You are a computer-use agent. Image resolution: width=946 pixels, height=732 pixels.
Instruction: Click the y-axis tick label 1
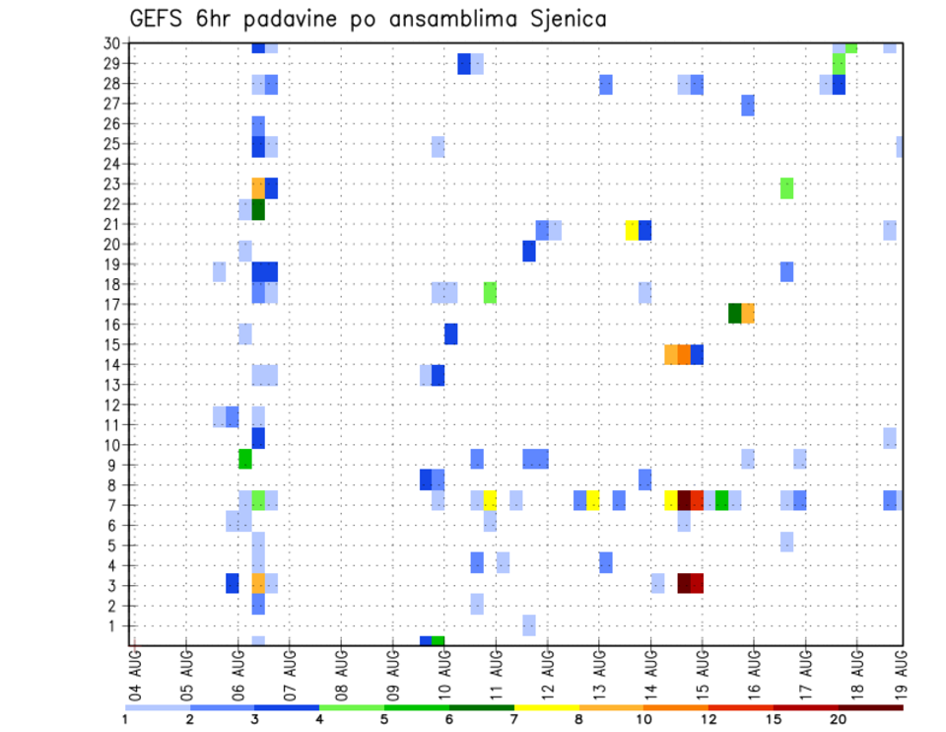(x=115, y=625)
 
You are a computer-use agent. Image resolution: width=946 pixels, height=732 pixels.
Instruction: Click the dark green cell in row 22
(x=258, y=209)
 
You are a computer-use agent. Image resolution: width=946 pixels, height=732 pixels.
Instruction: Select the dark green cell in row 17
(x=735, y=313)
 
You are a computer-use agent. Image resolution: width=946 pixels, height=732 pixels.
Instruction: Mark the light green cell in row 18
(x=490, y=293)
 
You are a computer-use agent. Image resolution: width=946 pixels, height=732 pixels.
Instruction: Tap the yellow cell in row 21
(x=632, y=230)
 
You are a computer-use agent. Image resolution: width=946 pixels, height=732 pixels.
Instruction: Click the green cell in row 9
(x=245, y=459)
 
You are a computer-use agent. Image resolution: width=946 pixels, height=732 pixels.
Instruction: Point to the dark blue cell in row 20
(x=529, y=252)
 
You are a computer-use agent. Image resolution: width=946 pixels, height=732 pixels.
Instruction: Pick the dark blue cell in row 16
(x=450, y=333)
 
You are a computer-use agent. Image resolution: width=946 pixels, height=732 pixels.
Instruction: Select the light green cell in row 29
(x=839, y=63)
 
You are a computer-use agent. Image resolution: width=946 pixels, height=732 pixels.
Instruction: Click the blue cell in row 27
(x=748, y=106)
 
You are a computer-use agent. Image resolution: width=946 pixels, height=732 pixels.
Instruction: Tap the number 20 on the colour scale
(x=839, y=719)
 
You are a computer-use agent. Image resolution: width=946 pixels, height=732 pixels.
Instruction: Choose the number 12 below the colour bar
(x=709, y=719)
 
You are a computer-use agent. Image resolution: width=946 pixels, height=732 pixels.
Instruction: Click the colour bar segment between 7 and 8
(x=546, y=707)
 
